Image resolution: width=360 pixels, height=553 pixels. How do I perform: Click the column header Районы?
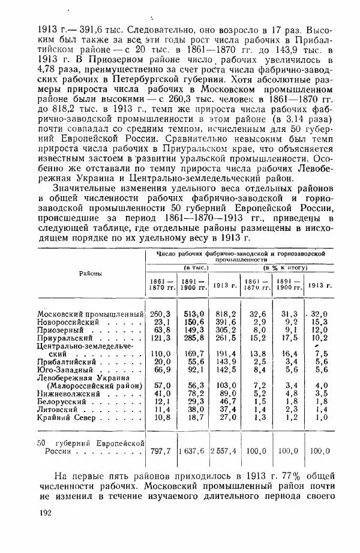tap(90, 274)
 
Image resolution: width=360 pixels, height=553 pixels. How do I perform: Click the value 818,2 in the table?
tap(226, 314)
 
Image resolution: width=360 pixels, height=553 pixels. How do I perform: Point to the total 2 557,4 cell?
tap(224, 450)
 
